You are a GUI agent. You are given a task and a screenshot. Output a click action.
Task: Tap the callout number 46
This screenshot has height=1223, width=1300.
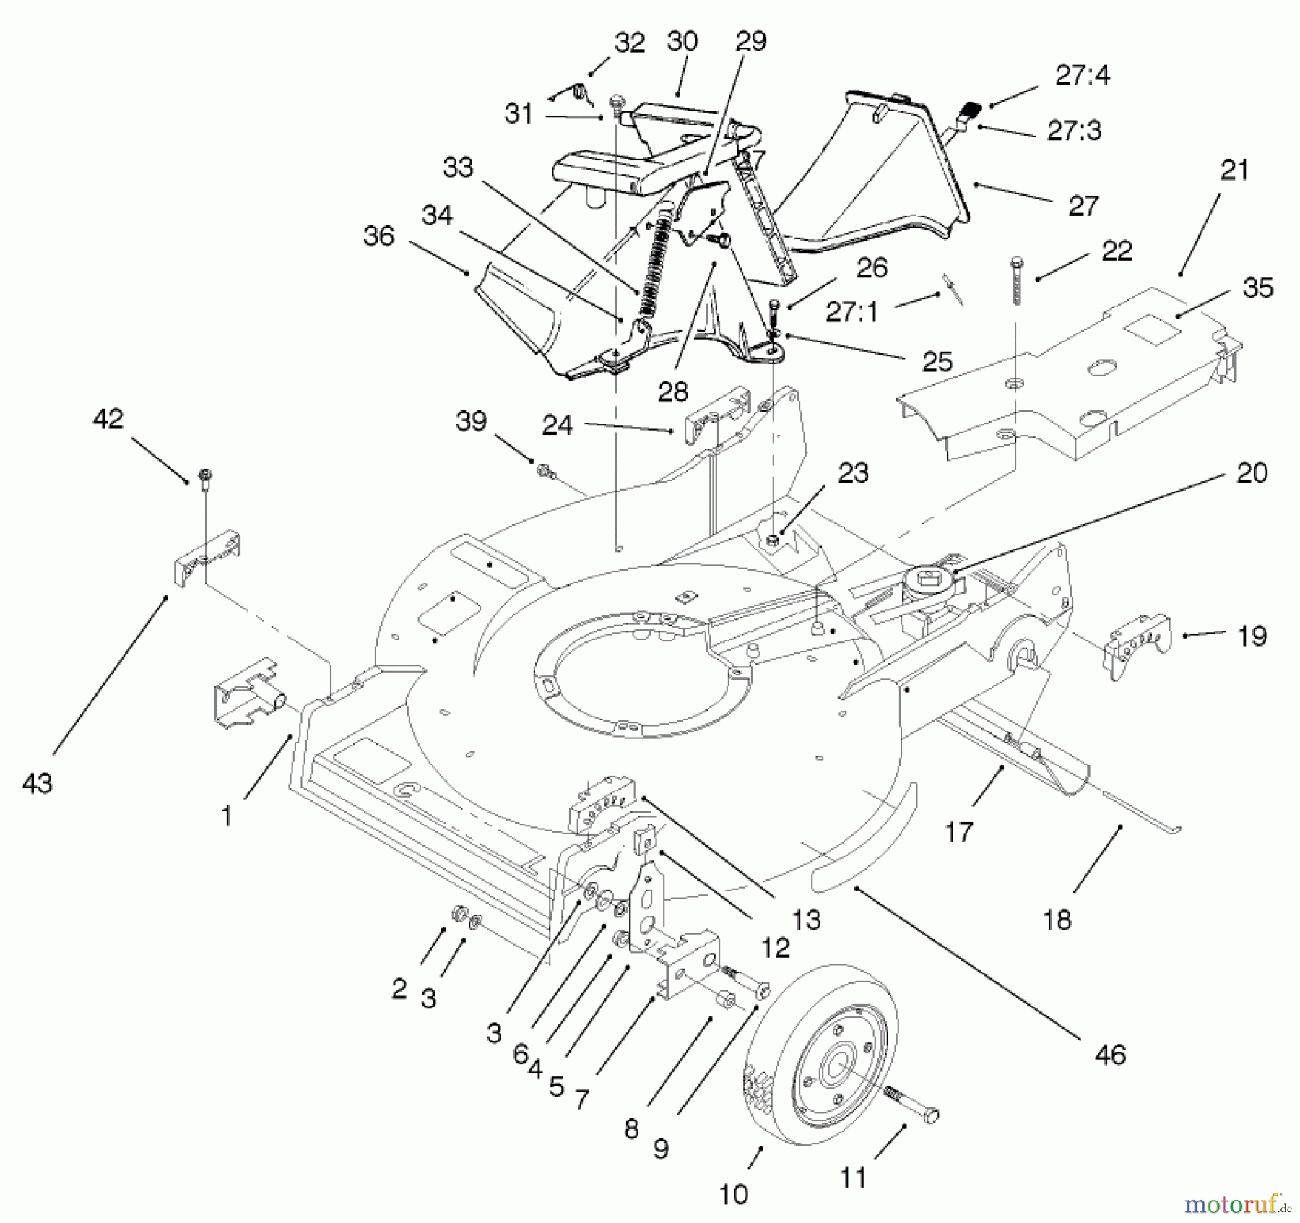tap(1110, 1055)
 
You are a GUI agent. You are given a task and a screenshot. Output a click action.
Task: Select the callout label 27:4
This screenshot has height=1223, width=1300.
tap(1083, 75)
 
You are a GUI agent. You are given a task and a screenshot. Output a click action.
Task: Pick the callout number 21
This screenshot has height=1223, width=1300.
tap(1234, 170)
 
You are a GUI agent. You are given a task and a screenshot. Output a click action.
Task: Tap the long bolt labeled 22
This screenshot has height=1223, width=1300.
tap(1017, 281)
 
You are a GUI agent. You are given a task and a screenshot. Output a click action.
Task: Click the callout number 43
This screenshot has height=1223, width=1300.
tap(38, 783)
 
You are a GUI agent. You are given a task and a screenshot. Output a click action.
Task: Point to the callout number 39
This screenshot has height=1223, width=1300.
tap(472, 421)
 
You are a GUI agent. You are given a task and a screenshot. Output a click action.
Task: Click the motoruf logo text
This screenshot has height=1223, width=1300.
tap(1231, 1203)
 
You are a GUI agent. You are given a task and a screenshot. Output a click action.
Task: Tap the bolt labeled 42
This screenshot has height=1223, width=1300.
tap(205, 477)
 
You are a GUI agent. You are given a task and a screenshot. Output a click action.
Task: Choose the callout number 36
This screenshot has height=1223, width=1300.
tap(379, 236)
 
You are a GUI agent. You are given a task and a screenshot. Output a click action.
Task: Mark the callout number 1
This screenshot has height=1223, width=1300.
tap(227, 816)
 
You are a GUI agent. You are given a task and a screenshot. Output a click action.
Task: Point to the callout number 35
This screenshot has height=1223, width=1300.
tap(1257, 288)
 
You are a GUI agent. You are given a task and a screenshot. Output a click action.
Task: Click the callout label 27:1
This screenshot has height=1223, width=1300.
tap(852, 312)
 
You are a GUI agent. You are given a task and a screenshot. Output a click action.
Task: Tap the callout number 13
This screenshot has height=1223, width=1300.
tap(806, 920)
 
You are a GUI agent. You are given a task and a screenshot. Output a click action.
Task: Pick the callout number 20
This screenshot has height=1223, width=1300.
tap(1252, 473)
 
